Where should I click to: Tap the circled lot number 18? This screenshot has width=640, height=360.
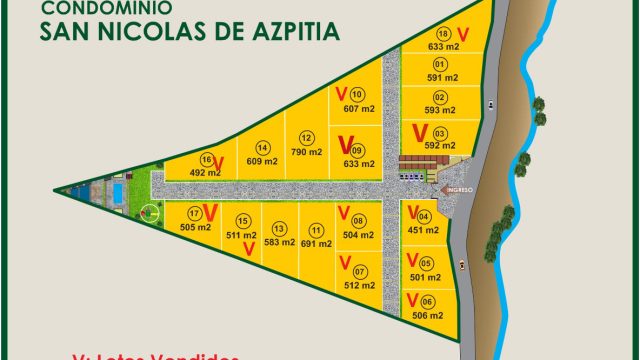click(x=444, y=33)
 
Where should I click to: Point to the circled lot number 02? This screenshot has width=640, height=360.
click(x=440, y=96)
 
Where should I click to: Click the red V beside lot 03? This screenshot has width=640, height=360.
click(x=419, y=132)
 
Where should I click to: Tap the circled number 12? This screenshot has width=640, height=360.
click(x=306, y=138)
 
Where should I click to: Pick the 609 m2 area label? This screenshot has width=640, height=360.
click(x=261, y=160)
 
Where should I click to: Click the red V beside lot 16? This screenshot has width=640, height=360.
click(x=218, y=163)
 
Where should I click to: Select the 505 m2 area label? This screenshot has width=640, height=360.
click(x=196, y=227)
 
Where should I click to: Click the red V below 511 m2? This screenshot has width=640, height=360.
click(x=246, y=251)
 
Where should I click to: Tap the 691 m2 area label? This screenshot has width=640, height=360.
click(x=316, y=242)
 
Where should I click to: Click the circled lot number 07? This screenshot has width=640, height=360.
click(x=360, y=271)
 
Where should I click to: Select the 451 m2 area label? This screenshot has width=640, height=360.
click(x=424, y=229)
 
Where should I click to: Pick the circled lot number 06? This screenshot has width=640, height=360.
click(x=427, y=302)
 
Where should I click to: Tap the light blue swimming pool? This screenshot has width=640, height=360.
click(x=117, y=190)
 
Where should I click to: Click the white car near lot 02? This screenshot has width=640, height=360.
click(x=492, y=106)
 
